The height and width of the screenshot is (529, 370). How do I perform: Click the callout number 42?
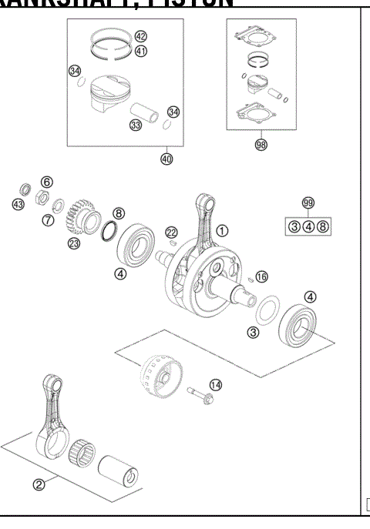pos(140,37)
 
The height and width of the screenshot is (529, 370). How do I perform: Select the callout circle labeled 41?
pos(140,51)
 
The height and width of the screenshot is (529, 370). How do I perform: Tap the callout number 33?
pos(136,125)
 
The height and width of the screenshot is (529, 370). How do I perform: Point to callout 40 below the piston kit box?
pos(166,159)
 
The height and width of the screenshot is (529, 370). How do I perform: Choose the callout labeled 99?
pos(308,203)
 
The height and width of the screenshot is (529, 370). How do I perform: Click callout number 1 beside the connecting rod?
pos(222,230)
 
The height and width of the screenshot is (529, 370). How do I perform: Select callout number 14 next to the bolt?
pos(215,385)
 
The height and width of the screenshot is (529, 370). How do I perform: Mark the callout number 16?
pos(261,276)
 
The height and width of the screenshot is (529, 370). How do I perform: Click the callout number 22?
pos(171,233)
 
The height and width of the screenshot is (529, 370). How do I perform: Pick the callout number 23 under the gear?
pos(74,244)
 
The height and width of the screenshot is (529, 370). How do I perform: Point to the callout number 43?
pos(18,204)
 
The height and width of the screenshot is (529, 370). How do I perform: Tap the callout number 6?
pos(47,182)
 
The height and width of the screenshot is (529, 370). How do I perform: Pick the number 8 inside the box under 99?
pos(322,226)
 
